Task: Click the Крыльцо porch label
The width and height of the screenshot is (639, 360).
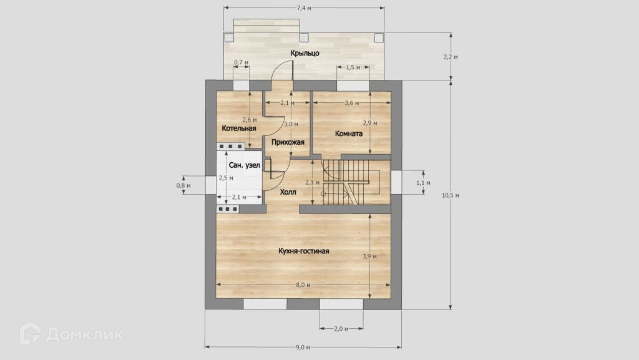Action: pos(305,54)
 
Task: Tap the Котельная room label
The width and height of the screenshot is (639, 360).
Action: pos(239,129)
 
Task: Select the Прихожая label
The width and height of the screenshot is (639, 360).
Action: pos(288,142)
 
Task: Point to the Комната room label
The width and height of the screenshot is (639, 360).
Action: pos(349,134)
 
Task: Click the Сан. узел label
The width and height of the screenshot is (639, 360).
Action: pos(245,165)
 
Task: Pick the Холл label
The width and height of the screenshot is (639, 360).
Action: pos(288,192)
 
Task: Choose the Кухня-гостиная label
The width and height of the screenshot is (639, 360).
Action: pos(304,251)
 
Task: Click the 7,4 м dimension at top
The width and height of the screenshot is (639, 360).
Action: pos(304,7)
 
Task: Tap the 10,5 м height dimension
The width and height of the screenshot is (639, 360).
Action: pos(451,195)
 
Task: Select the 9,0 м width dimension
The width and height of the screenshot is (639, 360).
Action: pos(303,348)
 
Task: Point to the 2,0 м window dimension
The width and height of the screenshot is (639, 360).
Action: pos(341,329)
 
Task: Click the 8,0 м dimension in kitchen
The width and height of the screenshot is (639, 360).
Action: pos(303,285)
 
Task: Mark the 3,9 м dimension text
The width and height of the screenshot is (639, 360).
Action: pos(369,256)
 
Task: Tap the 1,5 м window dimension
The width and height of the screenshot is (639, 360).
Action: pos(353,67)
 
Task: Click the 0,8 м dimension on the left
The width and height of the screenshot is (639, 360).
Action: pos(183,186)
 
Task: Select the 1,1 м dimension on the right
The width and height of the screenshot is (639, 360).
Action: pos(424,183)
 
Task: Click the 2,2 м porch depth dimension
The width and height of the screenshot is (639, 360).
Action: pos(451,57)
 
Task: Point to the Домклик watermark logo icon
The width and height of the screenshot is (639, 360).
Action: pos(30,333)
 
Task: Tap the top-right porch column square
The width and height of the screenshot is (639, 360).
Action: pos(379,37)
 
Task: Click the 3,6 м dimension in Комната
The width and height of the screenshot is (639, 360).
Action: pos(352,103)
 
